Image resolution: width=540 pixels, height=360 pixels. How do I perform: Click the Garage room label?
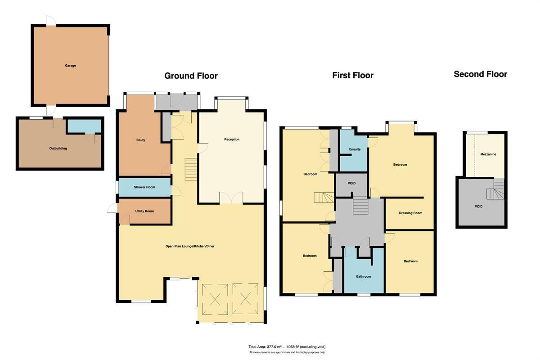coord(70,66)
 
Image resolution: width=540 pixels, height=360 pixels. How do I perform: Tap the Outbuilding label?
coord(58,148)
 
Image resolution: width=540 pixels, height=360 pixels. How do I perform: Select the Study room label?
coord(140,140)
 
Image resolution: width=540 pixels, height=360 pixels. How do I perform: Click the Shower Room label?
coord(144,187)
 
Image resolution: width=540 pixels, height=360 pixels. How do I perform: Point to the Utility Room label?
coord(144,211)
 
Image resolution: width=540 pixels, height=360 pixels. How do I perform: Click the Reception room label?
coord(232,139)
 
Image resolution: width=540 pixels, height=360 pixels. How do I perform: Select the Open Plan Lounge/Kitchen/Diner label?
coord(189,246)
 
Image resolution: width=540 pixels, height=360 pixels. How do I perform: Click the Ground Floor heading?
coord(191,76)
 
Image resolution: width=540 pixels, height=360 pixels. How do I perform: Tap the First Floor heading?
coord(353,75)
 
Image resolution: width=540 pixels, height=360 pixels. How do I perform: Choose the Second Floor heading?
coord(480,74)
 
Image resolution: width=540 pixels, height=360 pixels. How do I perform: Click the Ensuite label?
coord(355,149)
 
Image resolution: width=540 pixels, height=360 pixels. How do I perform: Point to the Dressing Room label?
coord(410,213)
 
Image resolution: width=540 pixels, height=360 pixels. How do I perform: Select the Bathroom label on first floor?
coord(364,276)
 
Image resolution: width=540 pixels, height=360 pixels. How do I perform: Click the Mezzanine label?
coord(488,154)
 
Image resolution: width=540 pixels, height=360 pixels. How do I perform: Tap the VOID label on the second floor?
coord(478,206)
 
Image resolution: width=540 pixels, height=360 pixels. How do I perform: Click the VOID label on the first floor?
coord(352,184)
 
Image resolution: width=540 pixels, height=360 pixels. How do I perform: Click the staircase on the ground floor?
coord(191,169)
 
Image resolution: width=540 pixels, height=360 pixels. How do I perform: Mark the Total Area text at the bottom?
coord(287,346)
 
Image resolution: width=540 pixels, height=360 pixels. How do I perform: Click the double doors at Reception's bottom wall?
coord(231,198)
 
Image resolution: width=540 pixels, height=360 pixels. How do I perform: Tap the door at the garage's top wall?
coord(50,21)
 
